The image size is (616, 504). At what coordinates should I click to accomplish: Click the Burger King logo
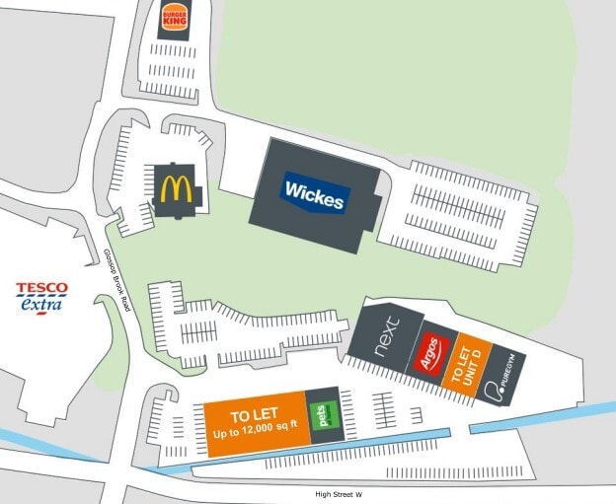coord(174,17)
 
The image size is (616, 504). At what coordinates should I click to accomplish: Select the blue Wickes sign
coord(315,192)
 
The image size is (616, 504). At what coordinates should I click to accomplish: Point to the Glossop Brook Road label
coord(116,285)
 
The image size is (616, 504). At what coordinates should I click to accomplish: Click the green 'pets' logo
coord(321,415)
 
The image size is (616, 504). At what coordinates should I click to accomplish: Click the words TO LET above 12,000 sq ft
coord(254,415)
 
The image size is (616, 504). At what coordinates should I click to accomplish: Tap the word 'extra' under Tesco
coord(41,306)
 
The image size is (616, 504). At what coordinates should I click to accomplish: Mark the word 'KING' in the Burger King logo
coord(174,23)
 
